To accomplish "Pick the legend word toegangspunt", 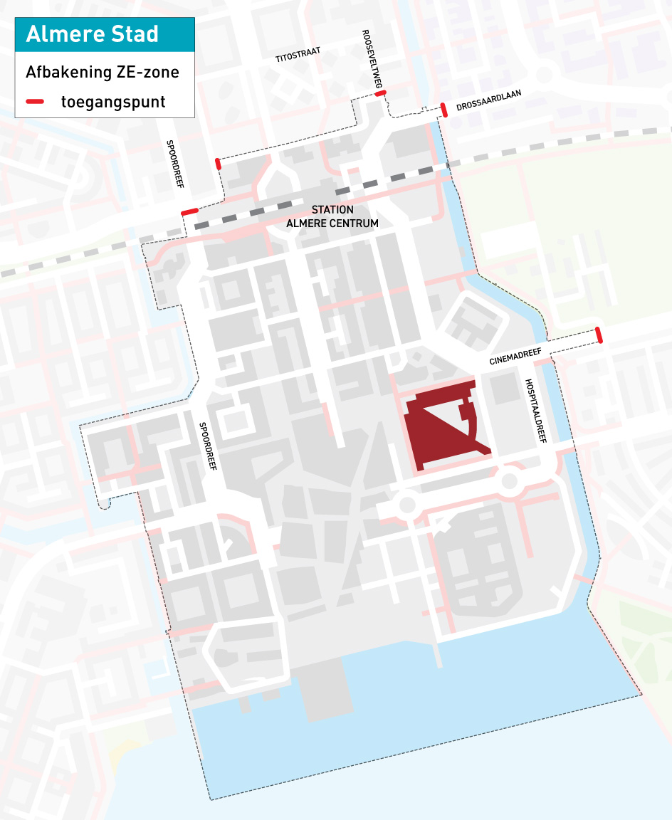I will (x=113, y=102).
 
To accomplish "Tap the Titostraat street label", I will (x=298, y=56).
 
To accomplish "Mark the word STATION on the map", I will (x=332, y=210).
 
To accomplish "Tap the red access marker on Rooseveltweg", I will (x=380, y=93).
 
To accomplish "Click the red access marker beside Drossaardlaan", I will (x=443, y=110).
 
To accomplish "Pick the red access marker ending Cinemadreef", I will (x=599, y=335).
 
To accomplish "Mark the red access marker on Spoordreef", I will (x=189, y=212).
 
